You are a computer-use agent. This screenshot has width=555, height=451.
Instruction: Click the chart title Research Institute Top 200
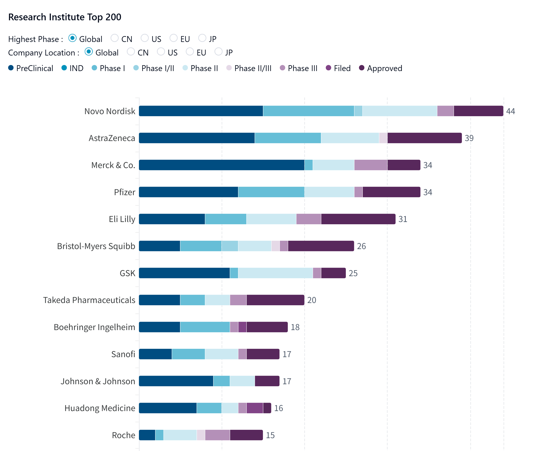click(65, 17)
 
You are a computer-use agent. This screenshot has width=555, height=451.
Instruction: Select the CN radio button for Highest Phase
click(115, 38)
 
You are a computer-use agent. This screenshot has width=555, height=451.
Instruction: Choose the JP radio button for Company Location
click(218, 52)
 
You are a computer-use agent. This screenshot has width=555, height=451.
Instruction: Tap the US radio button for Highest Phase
click(145, 38)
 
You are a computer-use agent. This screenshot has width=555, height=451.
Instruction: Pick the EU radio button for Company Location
click(190, 52)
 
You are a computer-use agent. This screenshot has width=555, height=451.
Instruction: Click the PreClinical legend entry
click(31, 68)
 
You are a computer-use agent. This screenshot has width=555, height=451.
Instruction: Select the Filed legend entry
click(338, 68)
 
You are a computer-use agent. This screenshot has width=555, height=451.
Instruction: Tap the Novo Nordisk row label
click(110, 111)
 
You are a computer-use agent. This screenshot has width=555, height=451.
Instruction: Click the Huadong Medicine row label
click(100, 408)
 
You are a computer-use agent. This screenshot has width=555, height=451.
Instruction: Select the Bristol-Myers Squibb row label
click(96, 246)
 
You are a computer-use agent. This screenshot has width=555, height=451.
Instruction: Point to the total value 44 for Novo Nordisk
click(510, 111)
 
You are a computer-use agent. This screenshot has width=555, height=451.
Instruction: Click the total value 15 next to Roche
click(270, 435)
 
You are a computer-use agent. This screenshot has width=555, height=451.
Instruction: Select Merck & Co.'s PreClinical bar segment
click(222, 165)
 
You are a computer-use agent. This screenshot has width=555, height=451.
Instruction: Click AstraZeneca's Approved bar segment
click(424, 138)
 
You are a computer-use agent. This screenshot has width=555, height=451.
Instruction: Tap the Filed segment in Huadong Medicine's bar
click(255, 408)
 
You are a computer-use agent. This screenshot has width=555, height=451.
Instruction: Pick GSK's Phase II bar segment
click(275, 273)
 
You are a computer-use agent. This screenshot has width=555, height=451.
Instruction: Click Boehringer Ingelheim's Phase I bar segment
click(205, 327)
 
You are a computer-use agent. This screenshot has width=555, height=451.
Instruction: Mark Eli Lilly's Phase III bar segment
click(309, 219)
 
